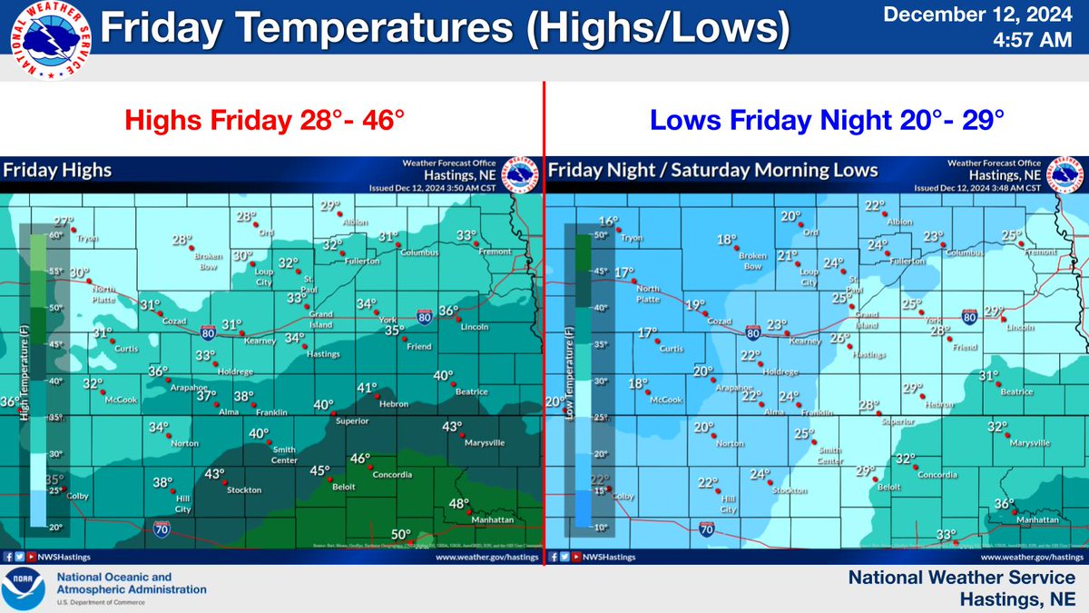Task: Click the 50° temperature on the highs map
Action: tap(401, 535)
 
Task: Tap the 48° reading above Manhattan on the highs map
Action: tap(458, 504)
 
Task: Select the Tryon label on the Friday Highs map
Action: tap(88, 239)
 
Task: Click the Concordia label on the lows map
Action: tap(937, 475)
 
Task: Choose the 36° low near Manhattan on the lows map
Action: tap(1004, 504)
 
